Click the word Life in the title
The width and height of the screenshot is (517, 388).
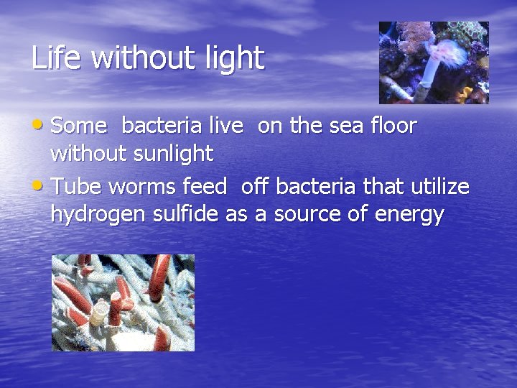[56, 57]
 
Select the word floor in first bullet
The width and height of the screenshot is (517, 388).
[393, 126]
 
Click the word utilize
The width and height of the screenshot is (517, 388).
[440, 187]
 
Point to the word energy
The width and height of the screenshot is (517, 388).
[409, 216]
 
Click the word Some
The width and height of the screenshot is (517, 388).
[79, 126]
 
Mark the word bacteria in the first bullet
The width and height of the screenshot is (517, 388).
[162, 126]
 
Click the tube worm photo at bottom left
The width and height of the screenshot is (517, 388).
[123, 302]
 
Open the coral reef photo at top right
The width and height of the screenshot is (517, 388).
[434, 63]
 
